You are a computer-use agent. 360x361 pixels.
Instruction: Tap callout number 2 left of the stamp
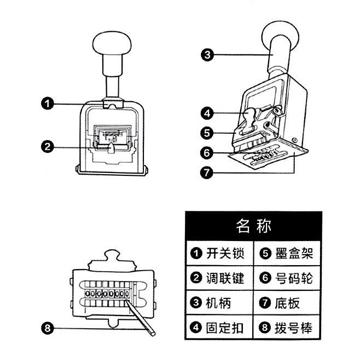pos(48,146)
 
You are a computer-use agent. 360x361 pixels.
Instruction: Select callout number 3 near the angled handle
pos(206,54)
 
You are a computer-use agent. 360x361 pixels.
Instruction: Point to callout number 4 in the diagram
pos(206,114)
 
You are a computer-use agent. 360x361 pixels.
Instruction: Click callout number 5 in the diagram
pos(206,133)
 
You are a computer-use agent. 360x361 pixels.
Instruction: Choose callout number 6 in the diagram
pos(206,153)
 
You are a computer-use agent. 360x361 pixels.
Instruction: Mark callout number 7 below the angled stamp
pos(206,171)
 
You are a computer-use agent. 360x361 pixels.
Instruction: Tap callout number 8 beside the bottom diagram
pos(48,328)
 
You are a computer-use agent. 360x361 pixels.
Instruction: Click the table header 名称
pos(253,225)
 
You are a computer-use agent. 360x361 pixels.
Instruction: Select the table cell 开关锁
pos(219,254)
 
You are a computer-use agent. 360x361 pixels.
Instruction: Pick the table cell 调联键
pos(219,278)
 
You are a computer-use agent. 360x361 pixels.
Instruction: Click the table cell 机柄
pos(219,303)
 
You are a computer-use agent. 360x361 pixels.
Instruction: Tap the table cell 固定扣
pos(219,328)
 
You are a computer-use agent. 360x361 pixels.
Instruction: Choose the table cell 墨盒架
pos(288,254)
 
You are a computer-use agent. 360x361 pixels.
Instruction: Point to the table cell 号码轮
pos(288,278)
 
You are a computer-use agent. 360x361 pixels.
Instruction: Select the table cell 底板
pos(288,303)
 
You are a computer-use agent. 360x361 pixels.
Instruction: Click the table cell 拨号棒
pos(288,328)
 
